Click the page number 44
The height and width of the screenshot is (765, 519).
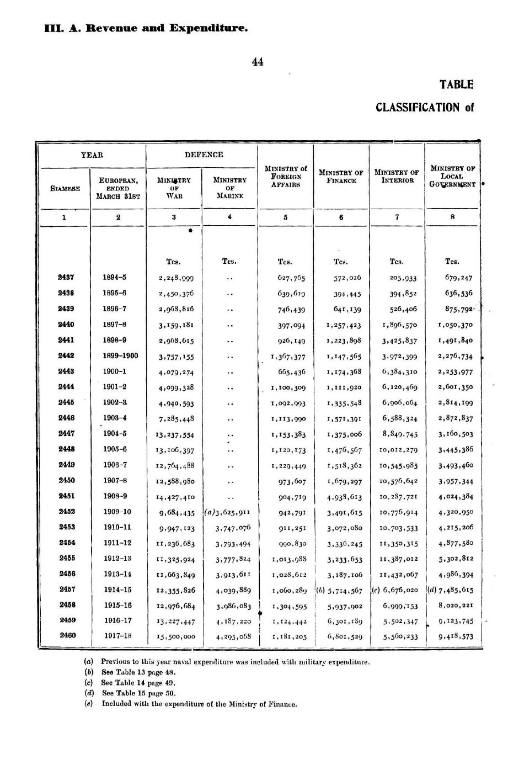click(x=258, y=62)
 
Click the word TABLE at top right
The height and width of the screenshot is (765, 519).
click(x=456, y=84)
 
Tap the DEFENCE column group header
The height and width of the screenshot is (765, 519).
click(x=204, y=155)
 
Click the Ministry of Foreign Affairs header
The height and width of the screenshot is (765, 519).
click(x=286, y=177)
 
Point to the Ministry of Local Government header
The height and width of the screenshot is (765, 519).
click(x=452, y=176)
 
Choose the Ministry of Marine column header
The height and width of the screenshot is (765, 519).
click(x=229, y=188)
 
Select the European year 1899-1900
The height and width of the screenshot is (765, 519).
click(x=120, y=356)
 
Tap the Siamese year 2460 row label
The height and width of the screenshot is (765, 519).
click(x=67, y=635)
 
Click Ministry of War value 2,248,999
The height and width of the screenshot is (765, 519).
click(x=176, y=278)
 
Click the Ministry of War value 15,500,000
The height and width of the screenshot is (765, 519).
click(x=176, y=636)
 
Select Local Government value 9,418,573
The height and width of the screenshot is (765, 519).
click(x=456, y=636)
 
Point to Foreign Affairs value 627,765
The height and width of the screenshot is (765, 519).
click(x=291, y=278)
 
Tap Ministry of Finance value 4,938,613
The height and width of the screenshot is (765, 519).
click(x=344, y=497)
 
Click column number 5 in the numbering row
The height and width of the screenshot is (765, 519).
click(x=285, y=217)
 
